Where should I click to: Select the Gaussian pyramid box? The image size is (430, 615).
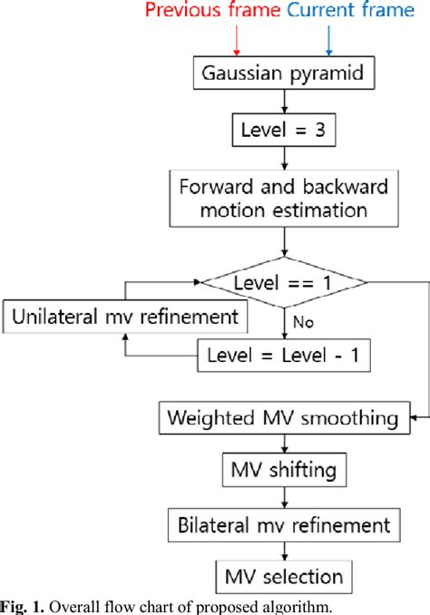pos(286,74)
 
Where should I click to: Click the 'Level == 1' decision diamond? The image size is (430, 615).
pos(286,284)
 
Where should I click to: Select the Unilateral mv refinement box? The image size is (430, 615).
pos(126,317)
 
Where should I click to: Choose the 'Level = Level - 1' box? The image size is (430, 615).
pos(286,356)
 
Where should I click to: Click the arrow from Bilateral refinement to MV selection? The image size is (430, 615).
pos(286,550)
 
